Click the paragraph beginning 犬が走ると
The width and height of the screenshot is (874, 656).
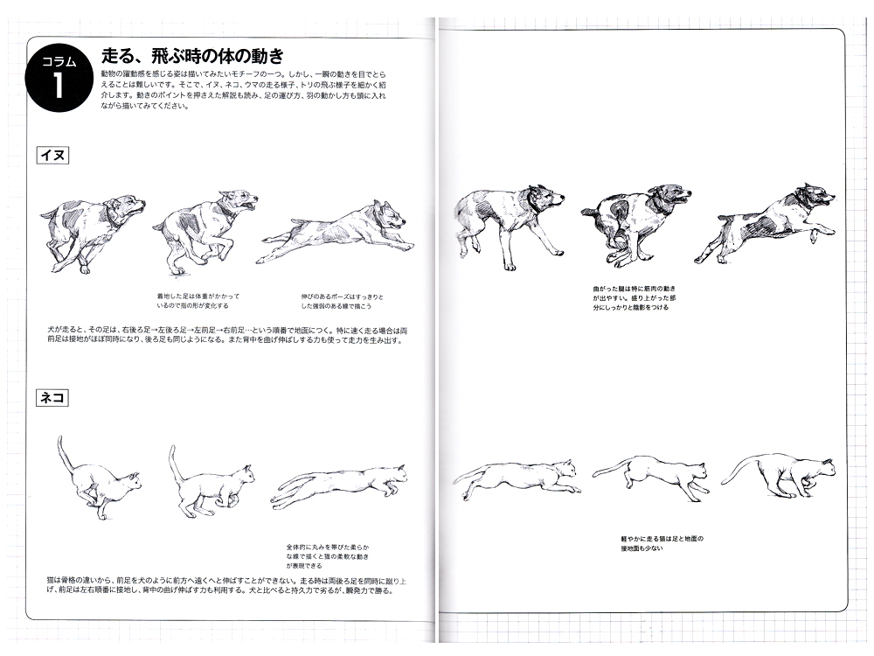pyautogui.click(x=223, y=335)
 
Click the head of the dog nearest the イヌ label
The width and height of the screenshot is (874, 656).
pyautogui.click(x=129, y=207)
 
